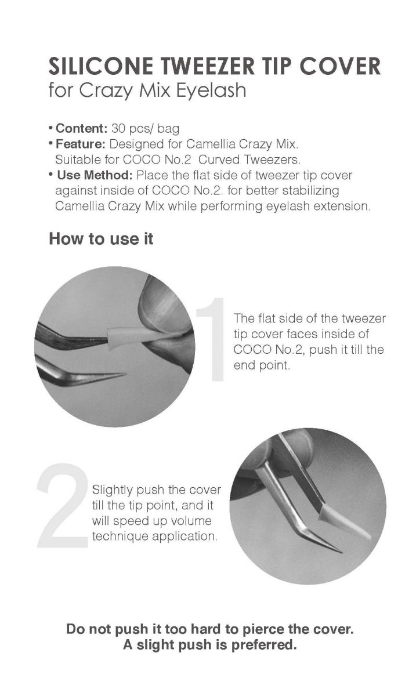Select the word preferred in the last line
click(264, 645)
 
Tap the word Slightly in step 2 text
click(113, 491)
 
